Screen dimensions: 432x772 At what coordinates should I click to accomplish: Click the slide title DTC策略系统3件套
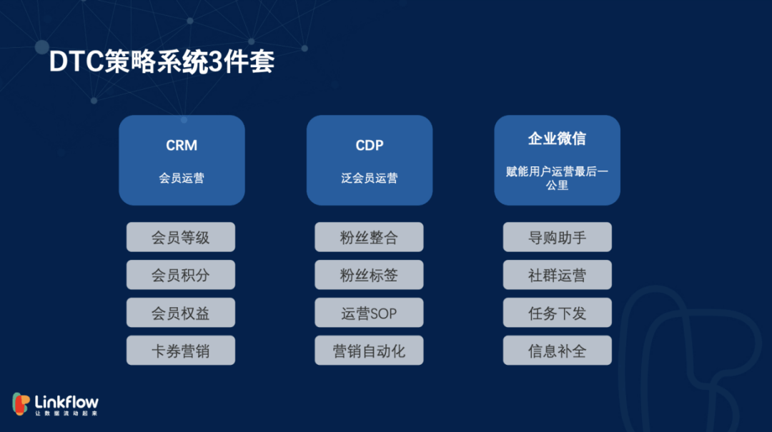(162, 62)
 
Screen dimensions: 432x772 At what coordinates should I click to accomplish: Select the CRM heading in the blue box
(182, 146)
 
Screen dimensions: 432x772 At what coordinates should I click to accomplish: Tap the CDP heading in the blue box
(370, 146)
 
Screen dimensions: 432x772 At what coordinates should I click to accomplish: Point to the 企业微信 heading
(557, 139)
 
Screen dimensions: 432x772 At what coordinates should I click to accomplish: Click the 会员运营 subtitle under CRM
(182, 179)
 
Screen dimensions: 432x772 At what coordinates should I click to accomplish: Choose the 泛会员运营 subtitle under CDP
(370, 179)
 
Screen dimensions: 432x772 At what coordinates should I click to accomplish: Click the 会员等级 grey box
(181, 237)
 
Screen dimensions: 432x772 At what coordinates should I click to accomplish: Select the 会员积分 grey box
(181, 275)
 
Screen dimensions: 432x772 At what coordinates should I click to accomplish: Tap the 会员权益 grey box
(181, 313)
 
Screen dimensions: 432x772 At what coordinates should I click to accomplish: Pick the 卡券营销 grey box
(181, 351)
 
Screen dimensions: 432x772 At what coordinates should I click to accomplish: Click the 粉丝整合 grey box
(369, 237)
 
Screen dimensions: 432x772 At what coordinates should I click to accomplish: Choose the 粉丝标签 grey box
(369, 275)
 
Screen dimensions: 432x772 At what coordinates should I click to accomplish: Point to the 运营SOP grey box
(369, 313)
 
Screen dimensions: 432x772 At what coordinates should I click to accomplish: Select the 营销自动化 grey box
(369, 351)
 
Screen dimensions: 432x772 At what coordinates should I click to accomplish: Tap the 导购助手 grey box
(557, 237)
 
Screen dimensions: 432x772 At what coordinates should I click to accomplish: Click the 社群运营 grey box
(557, 275)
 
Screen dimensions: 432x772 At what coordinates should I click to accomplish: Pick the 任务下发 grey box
(557, 313)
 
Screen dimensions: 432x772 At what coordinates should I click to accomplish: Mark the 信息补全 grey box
(557, 351)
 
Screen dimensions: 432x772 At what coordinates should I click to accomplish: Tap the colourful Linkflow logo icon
(21, 404)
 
